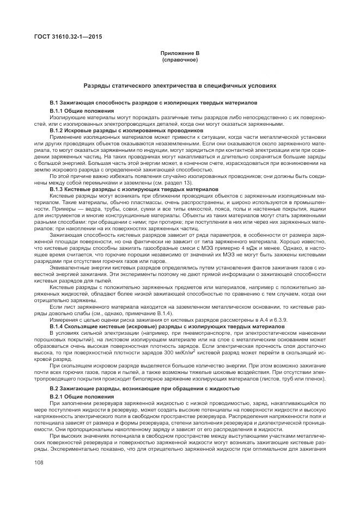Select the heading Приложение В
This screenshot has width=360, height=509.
click(x=180, y=53)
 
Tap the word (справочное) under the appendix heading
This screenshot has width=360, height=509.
click(x=180, y=59)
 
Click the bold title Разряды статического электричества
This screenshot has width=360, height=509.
click(x=180, y=85)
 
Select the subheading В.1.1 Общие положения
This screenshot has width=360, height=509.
click(x=78, y=111)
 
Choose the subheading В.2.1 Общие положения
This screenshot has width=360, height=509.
click(x=78, y=396)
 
